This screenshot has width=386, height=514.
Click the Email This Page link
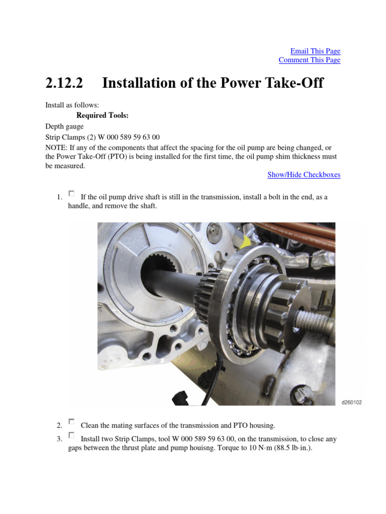(315, 51)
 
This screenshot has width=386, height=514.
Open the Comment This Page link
(309, 60)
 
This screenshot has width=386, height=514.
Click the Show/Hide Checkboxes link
(304, 175)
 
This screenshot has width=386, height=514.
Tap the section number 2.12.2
(64, 83)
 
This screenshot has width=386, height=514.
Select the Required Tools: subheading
(103, 115)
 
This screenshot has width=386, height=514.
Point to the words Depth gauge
(64, 126)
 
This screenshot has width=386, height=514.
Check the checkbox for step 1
(71, 194)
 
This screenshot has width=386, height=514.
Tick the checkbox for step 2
(71, 422)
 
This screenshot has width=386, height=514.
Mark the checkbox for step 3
(71, 435)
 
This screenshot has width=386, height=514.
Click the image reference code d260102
(352, 403)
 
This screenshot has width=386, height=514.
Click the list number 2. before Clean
(59, 426)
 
